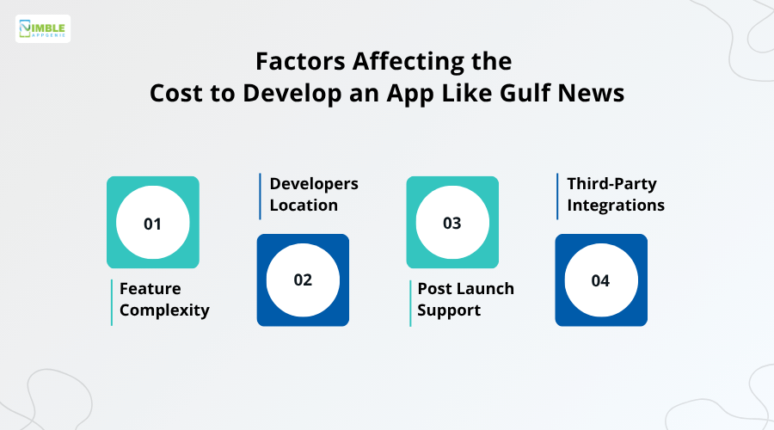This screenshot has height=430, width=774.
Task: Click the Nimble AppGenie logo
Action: tap(43, 29)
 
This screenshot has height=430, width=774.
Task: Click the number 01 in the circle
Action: tap(152, 224)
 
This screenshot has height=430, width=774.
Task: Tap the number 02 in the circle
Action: tap(303, 280)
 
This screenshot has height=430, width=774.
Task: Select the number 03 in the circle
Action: tap(451, 224)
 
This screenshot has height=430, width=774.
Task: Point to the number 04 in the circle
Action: tap(600, 280)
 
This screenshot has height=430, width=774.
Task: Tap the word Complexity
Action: tap(164, 310)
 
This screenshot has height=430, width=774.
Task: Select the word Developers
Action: tap(314, 184)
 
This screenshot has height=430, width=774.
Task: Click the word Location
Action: tap(303, 206)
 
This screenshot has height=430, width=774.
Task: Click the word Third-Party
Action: tap(612, 184)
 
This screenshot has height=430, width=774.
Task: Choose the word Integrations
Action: tap(616, 206)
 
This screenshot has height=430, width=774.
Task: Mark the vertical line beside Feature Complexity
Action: tap(112, 302)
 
